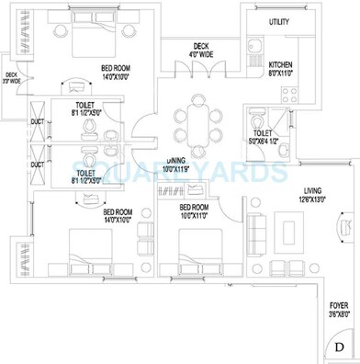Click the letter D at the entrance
click(341, 346)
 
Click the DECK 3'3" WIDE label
click(12, 79)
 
